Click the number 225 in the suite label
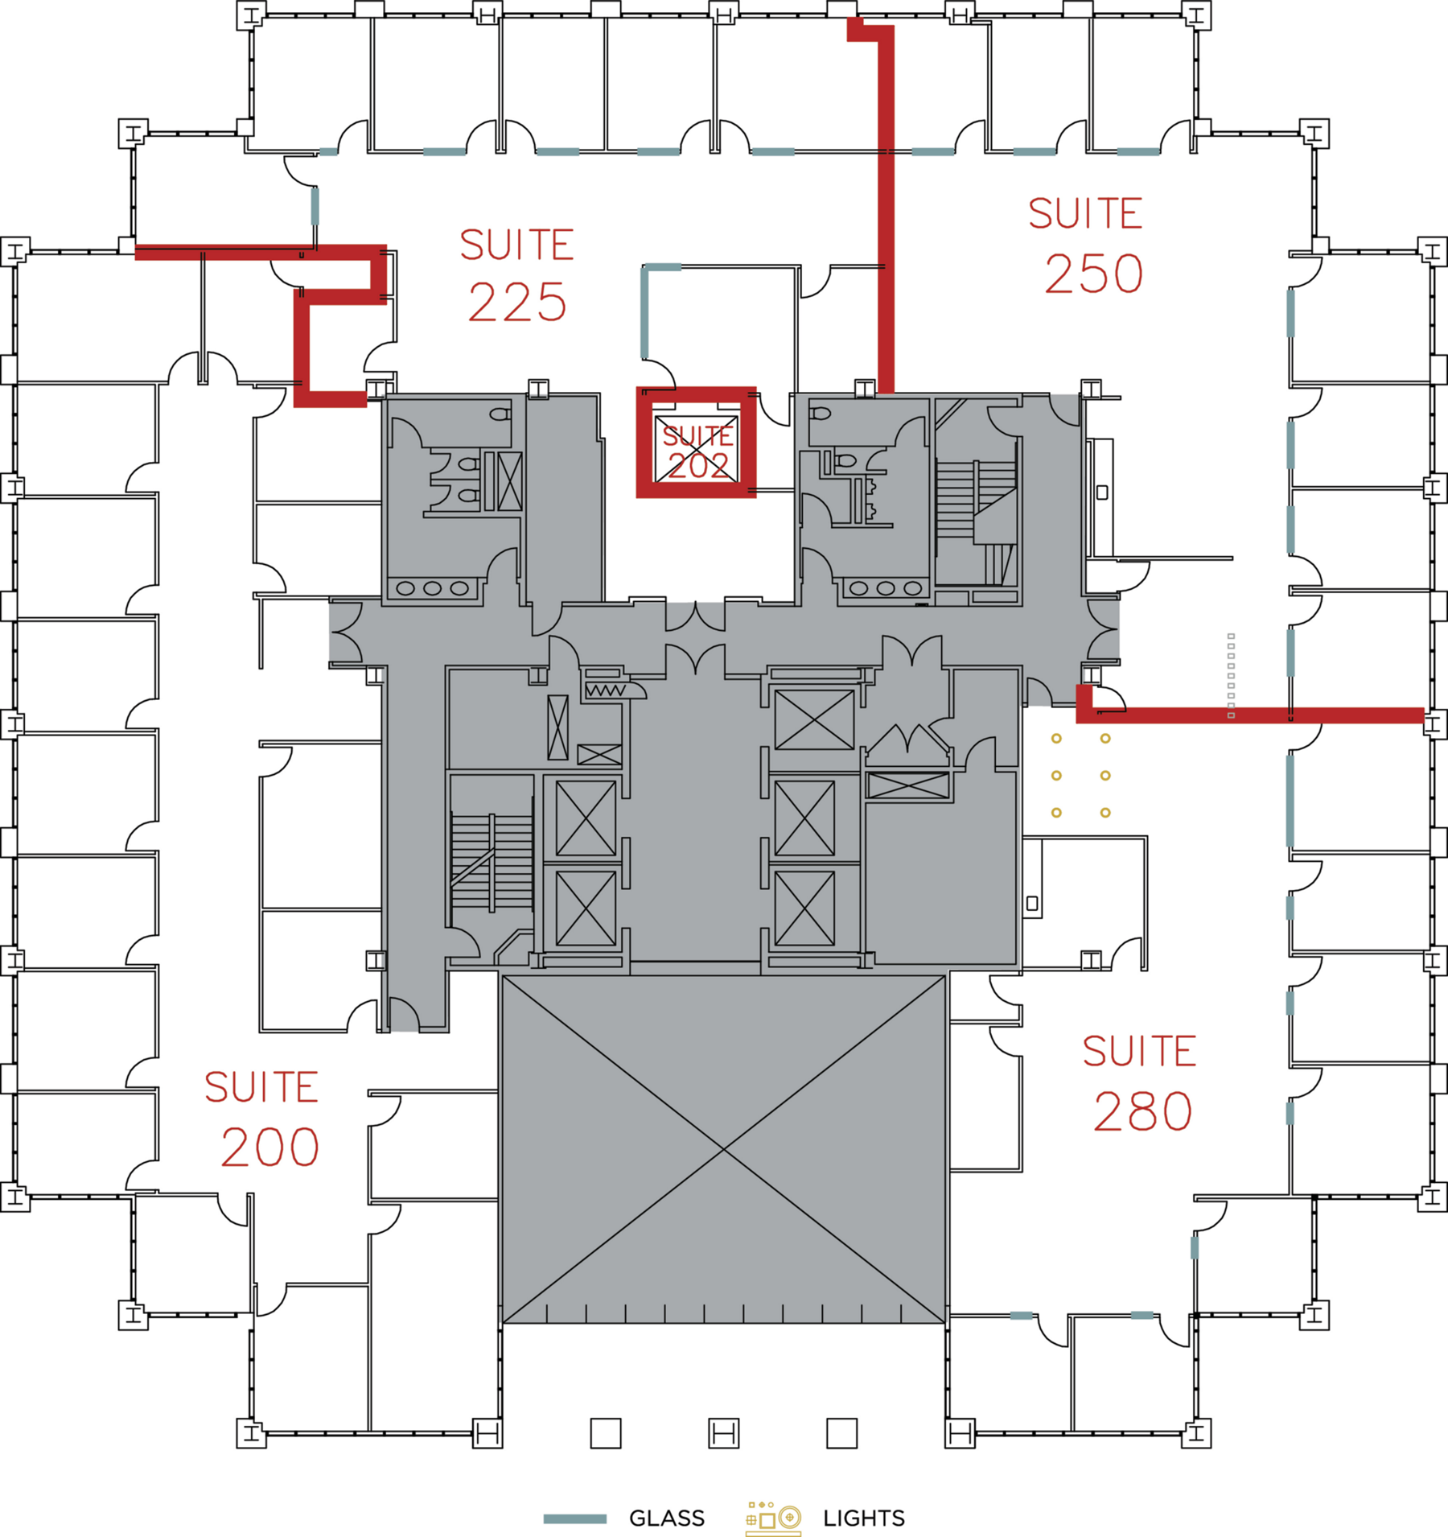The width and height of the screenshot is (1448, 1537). click(517, 303)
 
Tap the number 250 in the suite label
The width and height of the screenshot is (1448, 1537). click(1093, 274)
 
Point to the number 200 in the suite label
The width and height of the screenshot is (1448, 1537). click(270, 1148)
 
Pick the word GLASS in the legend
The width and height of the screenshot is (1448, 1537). click(666, 1518)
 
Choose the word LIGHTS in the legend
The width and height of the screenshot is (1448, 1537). click(863, 1518)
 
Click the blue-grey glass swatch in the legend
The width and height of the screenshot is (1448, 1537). click(574, 1518)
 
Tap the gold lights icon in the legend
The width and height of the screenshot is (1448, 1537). click(773, 1517)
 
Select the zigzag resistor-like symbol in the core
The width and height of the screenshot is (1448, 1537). click(605, 690)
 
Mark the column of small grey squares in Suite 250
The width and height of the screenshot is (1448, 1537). click(1231, 675)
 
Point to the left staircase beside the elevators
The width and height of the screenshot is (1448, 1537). click(492, 861)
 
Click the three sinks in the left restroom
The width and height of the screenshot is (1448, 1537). click(432, 588)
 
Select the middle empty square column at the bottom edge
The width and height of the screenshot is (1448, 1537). click(723, 1433)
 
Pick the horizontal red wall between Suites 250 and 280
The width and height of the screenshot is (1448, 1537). click(1255, 715)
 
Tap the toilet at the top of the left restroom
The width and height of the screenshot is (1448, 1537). click(500, 414)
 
